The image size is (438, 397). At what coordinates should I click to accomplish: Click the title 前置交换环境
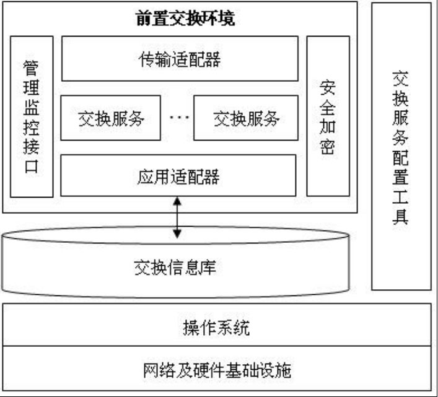(x=185, y=18)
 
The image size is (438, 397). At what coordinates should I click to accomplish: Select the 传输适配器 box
(x=179, y=59)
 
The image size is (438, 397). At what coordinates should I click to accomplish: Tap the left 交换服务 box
(x=110, y=118)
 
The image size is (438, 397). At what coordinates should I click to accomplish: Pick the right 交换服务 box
(x=245, y=118)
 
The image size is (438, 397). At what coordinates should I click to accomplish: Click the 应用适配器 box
(x=179, y=176)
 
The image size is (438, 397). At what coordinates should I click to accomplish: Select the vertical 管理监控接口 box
(x=32, y=116)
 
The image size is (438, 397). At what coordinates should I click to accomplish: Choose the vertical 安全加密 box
(x=328, y=116)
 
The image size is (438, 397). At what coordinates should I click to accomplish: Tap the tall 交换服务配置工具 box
(x=401, y=146)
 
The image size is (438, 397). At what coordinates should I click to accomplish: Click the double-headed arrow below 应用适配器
(x=178, y=217)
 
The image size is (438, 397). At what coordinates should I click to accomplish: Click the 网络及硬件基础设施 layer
(x=217, y=370)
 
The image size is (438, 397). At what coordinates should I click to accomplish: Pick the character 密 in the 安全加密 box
(x=328, y=147)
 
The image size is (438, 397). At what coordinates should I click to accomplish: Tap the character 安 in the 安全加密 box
(x=328, y=87)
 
